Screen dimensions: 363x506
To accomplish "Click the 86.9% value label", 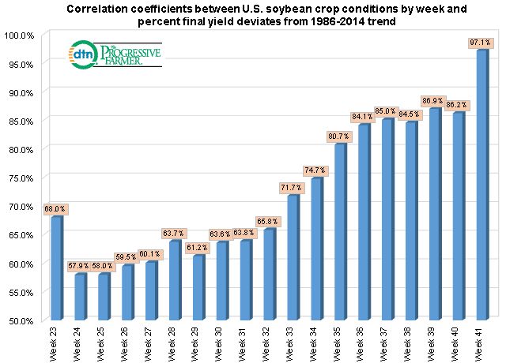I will [435, 101].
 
